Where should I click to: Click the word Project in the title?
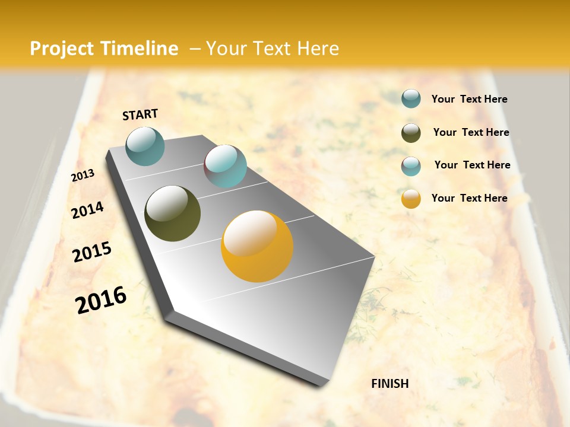62,49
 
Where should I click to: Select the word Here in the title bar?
318,49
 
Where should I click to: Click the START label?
140,114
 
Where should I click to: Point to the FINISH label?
389,384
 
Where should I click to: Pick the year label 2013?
83,176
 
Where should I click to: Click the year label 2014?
87,210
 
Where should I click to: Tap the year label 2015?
92,253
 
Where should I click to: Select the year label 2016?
101,300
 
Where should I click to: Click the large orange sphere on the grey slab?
257,247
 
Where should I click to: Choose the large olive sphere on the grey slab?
172,213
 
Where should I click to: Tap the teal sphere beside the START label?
145,146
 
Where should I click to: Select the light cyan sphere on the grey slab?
225,166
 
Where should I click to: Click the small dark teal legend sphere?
411,99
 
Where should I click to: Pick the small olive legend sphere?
411,133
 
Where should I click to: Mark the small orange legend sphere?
411,199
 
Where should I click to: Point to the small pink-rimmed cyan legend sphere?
411,166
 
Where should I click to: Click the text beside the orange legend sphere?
469,198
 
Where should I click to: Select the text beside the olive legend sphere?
471,132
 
